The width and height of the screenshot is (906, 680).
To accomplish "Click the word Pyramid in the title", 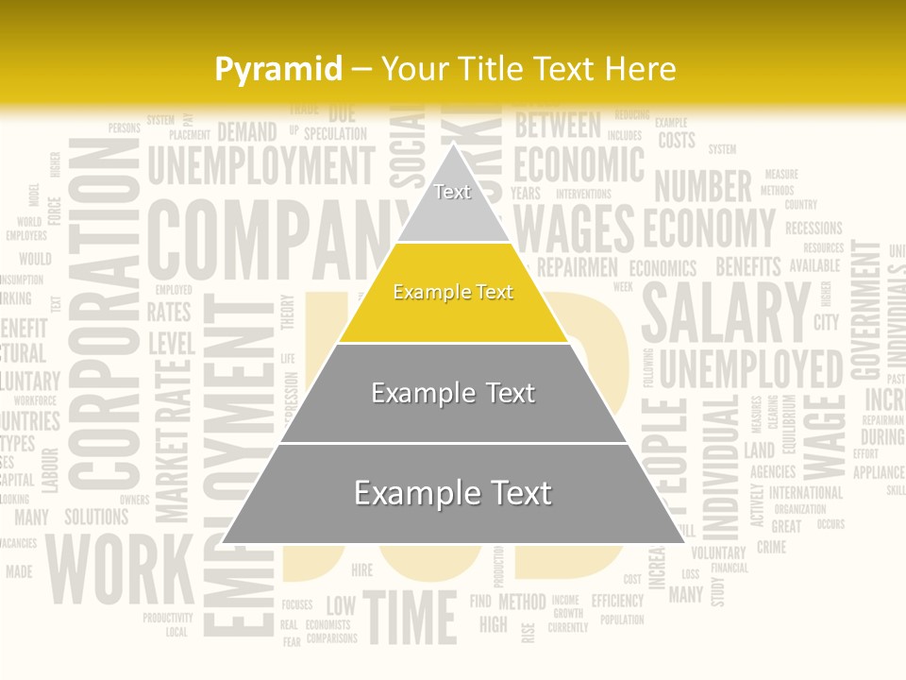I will [x=278, y=69].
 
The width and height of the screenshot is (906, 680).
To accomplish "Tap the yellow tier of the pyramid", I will [x=453, y=293].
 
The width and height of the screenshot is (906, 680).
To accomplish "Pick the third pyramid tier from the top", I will [x=453, y=393].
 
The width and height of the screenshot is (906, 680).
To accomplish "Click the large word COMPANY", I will [x=269, y=241].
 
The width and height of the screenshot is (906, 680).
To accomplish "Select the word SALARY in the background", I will [x=726, y=312].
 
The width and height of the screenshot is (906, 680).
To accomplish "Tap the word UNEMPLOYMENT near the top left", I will [x=260, y=166].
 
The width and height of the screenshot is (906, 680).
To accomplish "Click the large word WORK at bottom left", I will [x=119, y=570].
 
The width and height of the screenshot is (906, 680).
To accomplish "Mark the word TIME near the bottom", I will [x=410, y=619].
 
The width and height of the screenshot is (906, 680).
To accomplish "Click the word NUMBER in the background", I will [x=703, y=187].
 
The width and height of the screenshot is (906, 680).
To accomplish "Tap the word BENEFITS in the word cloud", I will [x=748, y=266].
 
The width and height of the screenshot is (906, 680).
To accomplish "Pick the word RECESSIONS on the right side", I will [x=814, y=228].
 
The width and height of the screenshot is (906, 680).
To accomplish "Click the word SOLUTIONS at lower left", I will [x=96, y=518].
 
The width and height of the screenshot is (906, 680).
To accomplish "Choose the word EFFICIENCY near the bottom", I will [x=617, y=601].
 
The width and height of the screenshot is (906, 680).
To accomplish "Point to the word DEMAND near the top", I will [x=247, y=132].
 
